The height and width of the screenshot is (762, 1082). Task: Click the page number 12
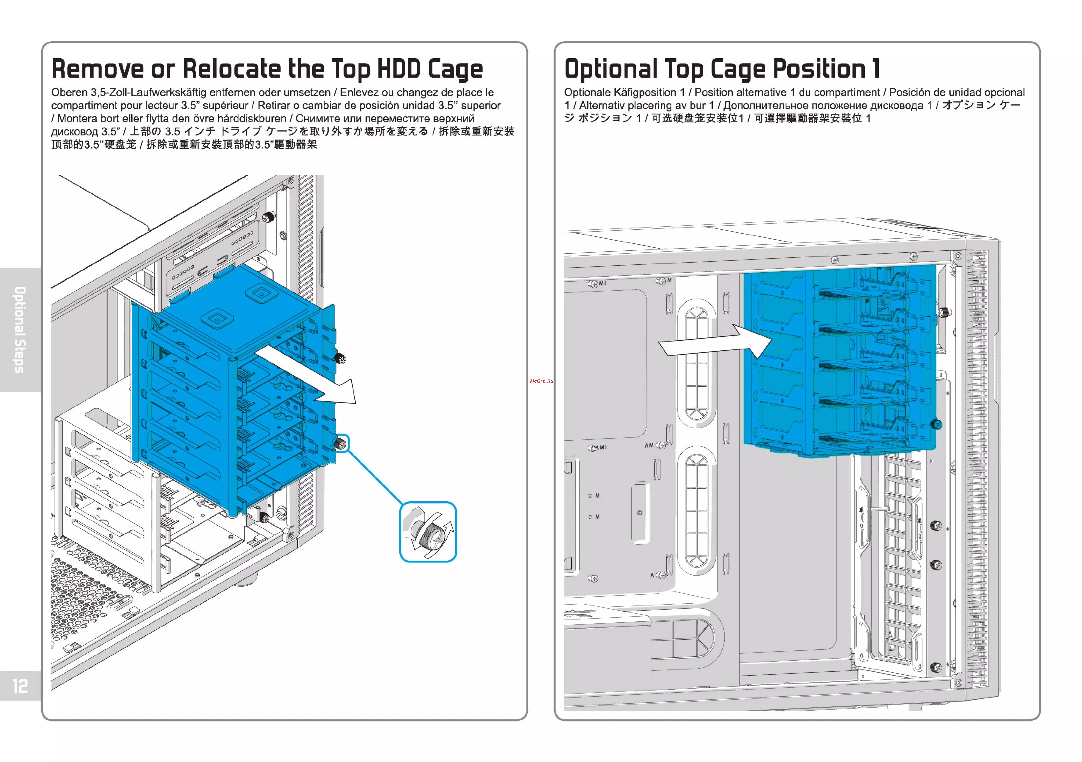point(20,686)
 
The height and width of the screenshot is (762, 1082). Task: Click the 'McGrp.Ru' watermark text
point(541,381)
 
